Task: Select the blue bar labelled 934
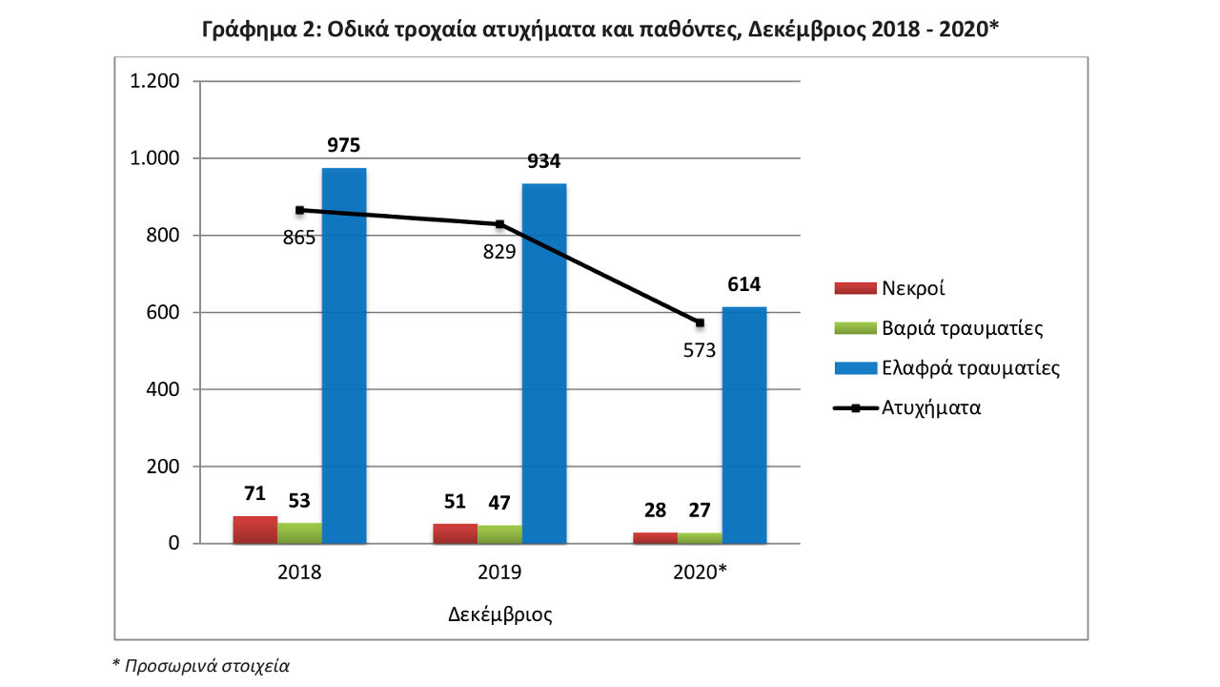coord(544,363)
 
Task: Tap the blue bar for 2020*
coord(744,425)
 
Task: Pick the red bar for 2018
coord(255,530)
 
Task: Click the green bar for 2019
coord(499,534)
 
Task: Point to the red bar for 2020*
coord(656,538)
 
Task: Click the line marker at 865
coord(299,210)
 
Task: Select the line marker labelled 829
coord(499,224)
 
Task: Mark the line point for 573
coord(700,323)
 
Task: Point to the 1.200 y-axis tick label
coord(153,81)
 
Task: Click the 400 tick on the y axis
coord(162,389)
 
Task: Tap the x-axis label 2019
coord(499,573)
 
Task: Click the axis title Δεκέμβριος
coord(500,614)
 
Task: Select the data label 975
coord(344,145)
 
